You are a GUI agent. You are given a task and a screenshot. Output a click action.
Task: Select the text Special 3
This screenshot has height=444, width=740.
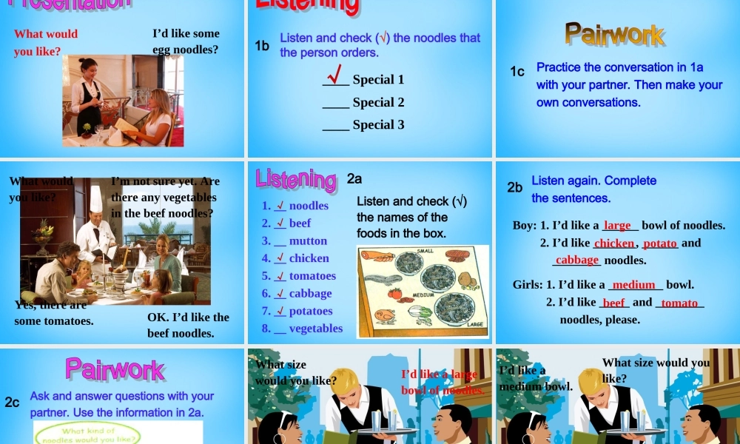pyautogui.click(x=378, y=124)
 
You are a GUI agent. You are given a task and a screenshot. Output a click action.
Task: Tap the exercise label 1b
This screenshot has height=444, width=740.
pyautogui.click(x=262, y=46)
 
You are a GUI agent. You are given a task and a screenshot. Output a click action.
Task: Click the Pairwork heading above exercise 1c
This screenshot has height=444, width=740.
pyautogui.click(x=615, y=34)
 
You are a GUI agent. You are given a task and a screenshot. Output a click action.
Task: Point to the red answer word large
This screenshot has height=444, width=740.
pyautogui.click(x=617, y=225)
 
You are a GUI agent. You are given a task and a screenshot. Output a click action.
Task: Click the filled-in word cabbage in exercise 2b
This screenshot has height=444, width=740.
pyautogui.click(x=576, y=260)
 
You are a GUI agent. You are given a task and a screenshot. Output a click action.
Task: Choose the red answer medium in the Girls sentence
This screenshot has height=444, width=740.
pyautogui.click(x=634, y=284)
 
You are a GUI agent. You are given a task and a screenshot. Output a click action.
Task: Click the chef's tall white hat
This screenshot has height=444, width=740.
pyautogui.click(x=95, y=198)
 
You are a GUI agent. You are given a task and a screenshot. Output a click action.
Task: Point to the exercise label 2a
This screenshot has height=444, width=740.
pyautogui.click(x=354, y=178)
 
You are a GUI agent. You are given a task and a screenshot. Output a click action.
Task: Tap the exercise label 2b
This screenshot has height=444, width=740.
pyautogui.click(x=515, y=187)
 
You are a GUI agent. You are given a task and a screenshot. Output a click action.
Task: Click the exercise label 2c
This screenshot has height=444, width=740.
pyautogui.click(x=12, y=403)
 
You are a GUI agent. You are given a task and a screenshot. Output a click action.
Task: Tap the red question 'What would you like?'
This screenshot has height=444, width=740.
pyautogui.click(x=45, y=43)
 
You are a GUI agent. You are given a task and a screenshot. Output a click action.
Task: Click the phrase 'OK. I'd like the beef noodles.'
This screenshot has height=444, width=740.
pyautogui.click(x=188, y=325)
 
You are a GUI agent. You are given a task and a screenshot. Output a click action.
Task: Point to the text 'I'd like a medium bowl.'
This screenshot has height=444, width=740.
pyautogui.click(x=536, y=378)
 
